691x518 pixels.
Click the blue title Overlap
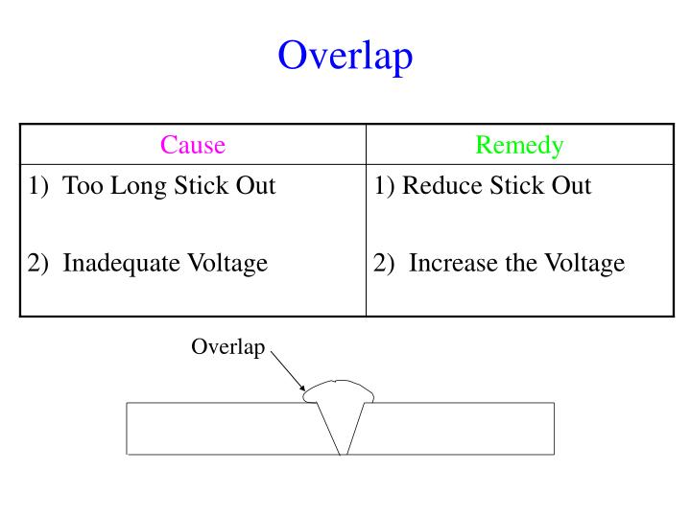345,56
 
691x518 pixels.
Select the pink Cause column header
193,145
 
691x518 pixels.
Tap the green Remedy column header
519,145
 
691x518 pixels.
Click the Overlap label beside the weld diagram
227,347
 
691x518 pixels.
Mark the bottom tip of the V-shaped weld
342,452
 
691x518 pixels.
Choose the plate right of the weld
461,428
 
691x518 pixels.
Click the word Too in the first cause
83,186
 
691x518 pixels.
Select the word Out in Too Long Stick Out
256,186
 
